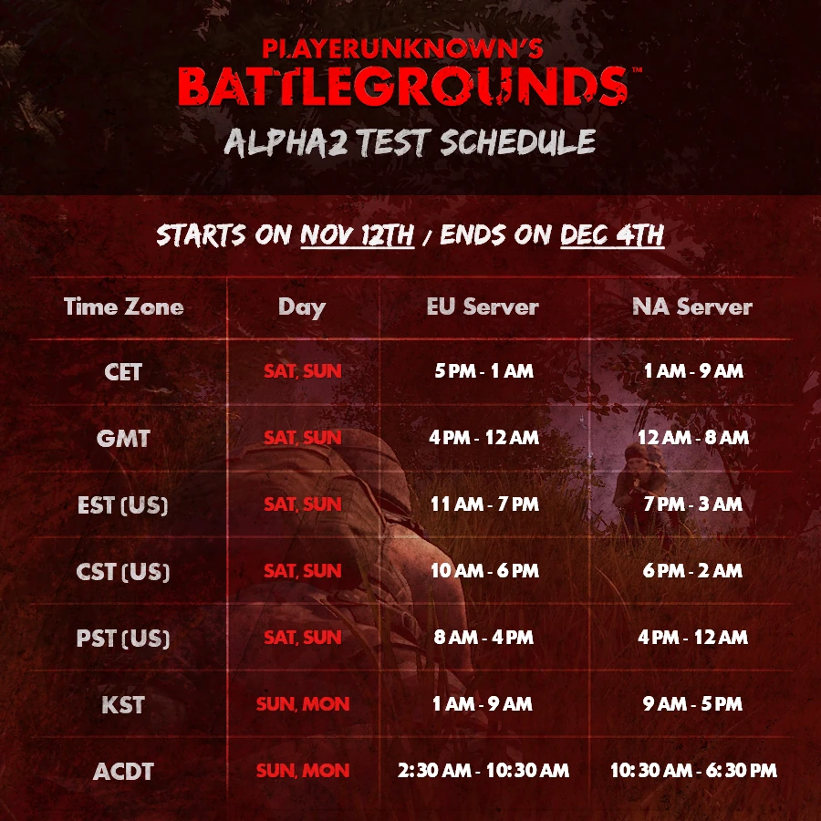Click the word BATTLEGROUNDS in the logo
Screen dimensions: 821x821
tap(402, 87)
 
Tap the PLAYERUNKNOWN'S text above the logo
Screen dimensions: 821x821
tap(402, 48)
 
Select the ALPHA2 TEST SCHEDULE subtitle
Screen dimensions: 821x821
tap(410, 142)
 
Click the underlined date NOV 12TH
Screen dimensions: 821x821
tap(357, 235)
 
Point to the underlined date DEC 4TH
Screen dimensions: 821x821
tap(612, 235)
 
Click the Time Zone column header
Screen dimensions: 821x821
tap(123, 307)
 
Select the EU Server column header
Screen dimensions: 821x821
tap(483, 307)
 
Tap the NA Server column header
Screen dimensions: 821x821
tap(692, 307)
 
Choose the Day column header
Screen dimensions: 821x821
tap(302, 308)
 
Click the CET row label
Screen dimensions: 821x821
tap(123, 372)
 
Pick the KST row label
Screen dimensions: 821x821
tap(123, 705)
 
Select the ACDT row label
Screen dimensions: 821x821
tap(123, 771)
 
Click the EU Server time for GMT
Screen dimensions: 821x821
tap(483, 438)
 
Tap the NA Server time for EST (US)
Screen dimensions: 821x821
tap(692, 504)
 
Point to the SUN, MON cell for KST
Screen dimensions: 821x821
tap(303, 704)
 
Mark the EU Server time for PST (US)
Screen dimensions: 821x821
tap(483, 638)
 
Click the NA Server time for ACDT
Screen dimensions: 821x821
tap(693, 770)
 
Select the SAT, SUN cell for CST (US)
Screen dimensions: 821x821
tap(303, 571)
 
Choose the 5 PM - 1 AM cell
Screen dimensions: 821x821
tap(483, 371)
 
